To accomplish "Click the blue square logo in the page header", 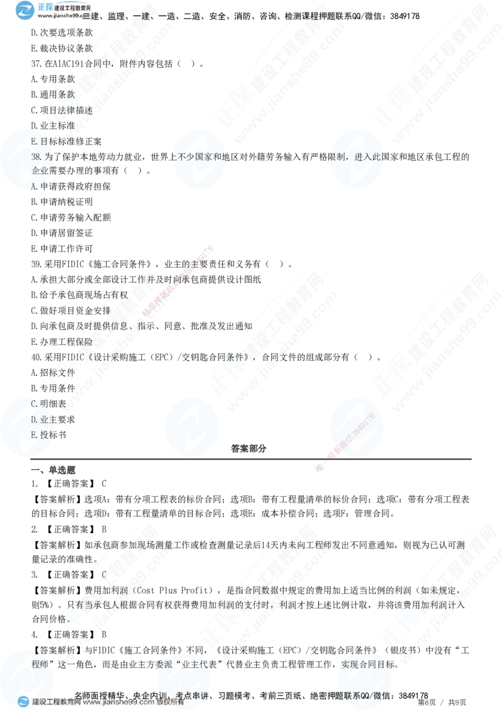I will point(25,10).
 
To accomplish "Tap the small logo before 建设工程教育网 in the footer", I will point(23,702).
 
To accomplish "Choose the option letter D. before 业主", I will point(35,419).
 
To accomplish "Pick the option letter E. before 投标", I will point(35,434).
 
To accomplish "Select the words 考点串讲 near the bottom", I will point(191,695).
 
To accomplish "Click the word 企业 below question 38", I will point(39,171).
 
